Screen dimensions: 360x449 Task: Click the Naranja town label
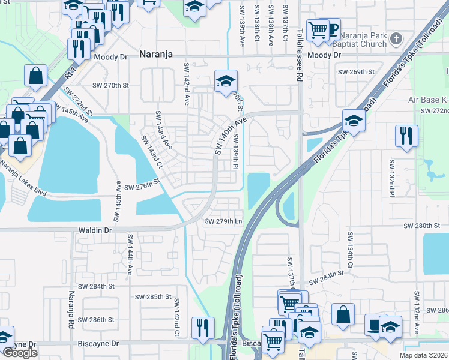click(x=155, y=55)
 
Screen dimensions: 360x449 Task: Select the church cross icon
click(x=395, y=39)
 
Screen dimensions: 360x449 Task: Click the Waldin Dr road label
click(x=95, y=230)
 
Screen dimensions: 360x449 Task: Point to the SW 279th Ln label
click(x=223, y=221)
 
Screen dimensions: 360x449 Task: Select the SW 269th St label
click(x=356, y=72)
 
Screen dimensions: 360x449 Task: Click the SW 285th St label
click(x=153, y=297)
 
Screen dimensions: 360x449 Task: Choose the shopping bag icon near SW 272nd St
click(x=35, y=76)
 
